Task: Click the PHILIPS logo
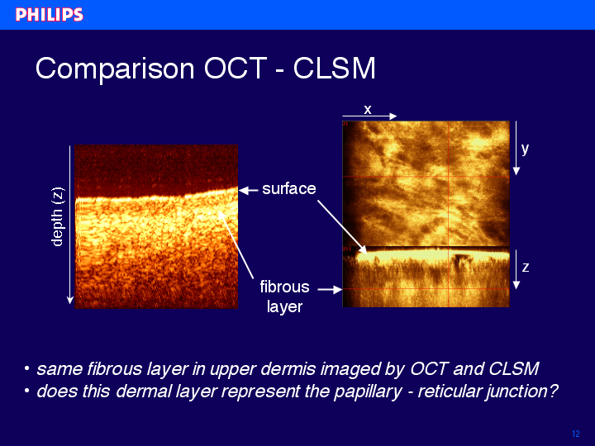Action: [x=50, y=15]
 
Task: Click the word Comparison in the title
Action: [x=115, y=69]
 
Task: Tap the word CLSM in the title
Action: [x=335, y=69]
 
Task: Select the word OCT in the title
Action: [x=236, y=69]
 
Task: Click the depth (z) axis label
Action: [x=57, y=217]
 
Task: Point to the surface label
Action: [x=289, y=189]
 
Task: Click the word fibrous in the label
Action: [x=284, y=287]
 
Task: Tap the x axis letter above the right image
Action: [x=367, y=110]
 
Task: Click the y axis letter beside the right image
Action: [x=526, y=149]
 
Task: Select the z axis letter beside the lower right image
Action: [x=526, y=268]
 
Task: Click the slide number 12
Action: [x=576, y=434]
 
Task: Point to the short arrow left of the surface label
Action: [x=248, y=191]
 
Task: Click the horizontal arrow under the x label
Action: [x=369, y=116]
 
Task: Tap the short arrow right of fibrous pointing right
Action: [x=330, y=290]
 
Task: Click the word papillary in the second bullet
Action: [x=367, y=391]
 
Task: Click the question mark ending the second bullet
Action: [x=554, y=391]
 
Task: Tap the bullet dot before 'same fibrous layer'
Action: [x=26, y=368]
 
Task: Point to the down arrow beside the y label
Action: [x=516, y=148]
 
